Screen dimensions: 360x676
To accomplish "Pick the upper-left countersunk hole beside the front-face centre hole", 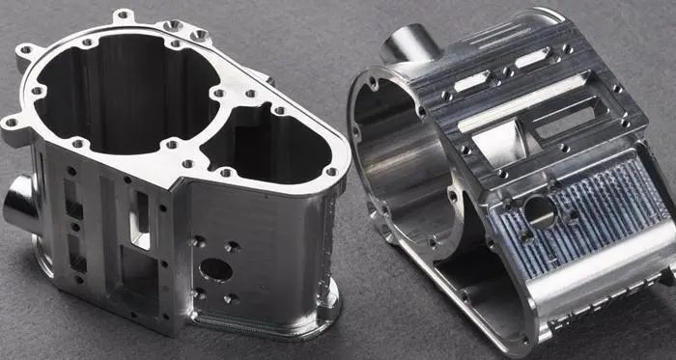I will pos(198,242).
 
